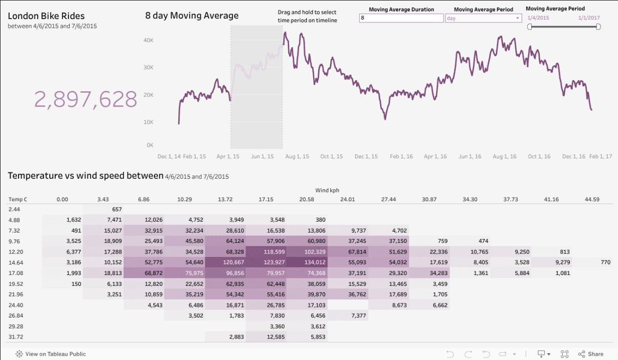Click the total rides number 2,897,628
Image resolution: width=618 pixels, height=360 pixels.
click(85, 99)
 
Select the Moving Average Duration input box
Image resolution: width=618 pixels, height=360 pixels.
click(401, 18)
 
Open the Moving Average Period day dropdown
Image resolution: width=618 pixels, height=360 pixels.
click(483, 18)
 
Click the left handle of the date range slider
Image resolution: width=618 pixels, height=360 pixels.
click(530, 27)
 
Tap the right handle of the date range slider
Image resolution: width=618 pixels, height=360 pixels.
click(598, 27)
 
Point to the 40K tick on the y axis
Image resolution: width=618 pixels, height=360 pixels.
click(149, 40)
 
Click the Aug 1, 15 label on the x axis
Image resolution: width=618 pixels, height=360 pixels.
click(297, 157)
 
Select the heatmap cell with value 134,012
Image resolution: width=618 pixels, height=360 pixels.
click(306, 262)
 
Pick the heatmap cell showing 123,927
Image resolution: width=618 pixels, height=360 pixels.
click(266, 262)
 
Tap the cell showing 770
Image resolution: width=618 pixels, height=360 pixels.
click(605, 262)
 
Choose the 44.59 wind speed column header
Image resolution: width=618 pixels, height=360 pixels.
click(592, 199)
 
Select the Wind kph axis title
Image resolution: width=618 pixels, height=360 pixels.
click(327, 190)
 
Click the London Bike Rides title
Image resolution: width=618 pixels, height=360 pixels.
click(46, 16)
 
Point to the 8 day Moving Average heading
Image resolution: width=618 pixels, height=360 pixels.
click(192, 16)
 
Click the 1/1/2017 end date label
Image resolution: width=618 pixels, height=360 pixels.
click(589, 18)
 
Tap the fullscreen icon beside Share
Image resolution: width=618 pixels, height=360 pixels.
click(565, 354)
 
